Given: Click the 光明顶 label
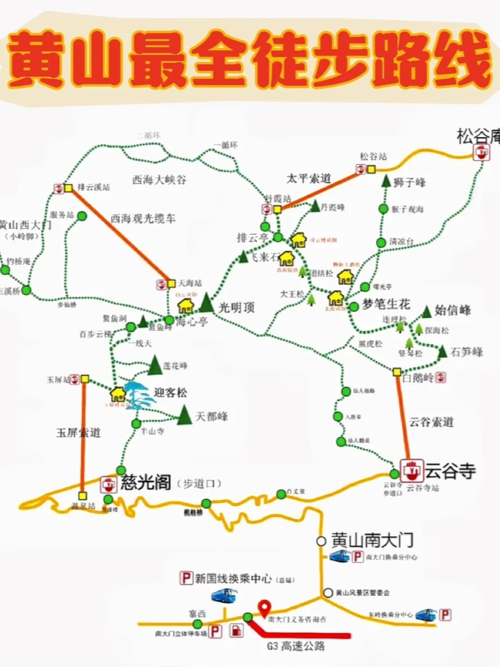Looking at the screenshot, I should tap(236, 308).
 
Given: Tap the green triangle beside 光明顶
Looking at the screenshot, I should tap(207, 303).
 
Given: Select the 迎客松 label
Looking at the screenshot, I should tap(170, 393).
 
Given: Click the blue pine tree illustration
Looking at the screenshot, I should tap(134, 396).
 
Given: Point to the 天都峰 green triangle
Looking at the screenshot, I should tap(185, 416).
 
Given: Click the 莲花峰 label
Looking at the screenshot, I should tap(175, 366).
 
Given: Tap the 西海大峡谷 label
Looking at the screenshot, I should tap(159, 180).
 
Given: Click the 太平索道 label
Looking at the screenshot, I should tap(309, 179).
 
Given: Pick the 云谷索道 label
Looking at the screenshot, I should tap(431, 422).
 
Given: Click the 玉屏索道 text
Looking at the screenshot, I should tap(78, 433).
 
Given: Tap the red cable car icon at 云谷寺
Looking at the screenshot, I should tap(412, 470).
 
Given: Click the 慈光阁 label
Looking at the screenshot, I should tap(146, 483).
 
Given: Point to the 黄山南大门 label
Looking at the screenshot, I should tap(372, 540).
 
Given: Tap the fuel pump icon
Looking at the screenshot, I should tap(236, 631).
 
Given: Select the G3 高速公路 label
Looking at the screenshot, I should tap(296, 646).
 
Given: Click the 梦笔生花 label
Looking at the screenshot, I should tap(386, 304).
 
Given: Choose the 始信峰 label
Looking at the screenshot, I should tap(452, 310).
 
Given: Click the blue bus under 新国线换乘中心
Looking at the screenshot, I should tap(224, 596).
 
